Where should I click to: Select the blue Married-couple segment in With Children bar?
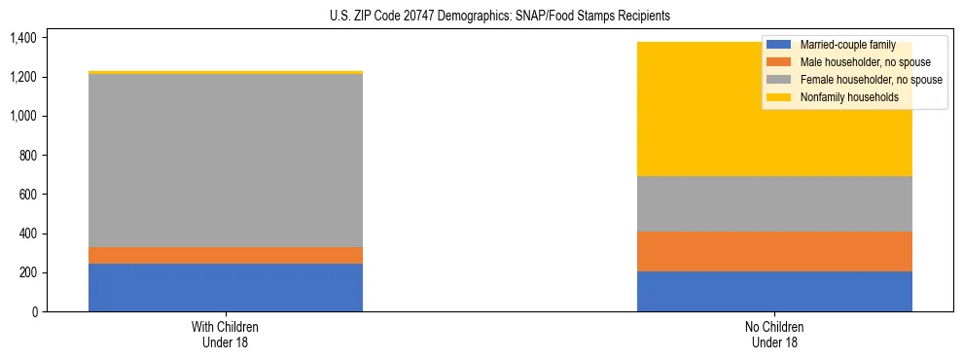(226, 287)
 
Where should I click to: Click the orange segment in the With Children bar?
(226, 255)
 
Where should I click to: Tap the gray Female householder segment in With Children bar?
(226, 161)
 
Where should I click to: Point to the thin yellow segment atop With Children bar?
(226, 72)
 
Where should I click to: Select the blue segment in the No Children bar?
(774, 291)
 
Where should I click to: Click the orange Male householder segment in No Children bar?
(774, 251)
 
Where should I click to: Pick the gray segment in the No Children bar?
(774, 203)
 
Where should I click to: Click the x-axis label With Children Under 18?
(226, 334)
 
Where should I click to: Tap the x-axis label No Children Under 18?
(774, 334)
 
